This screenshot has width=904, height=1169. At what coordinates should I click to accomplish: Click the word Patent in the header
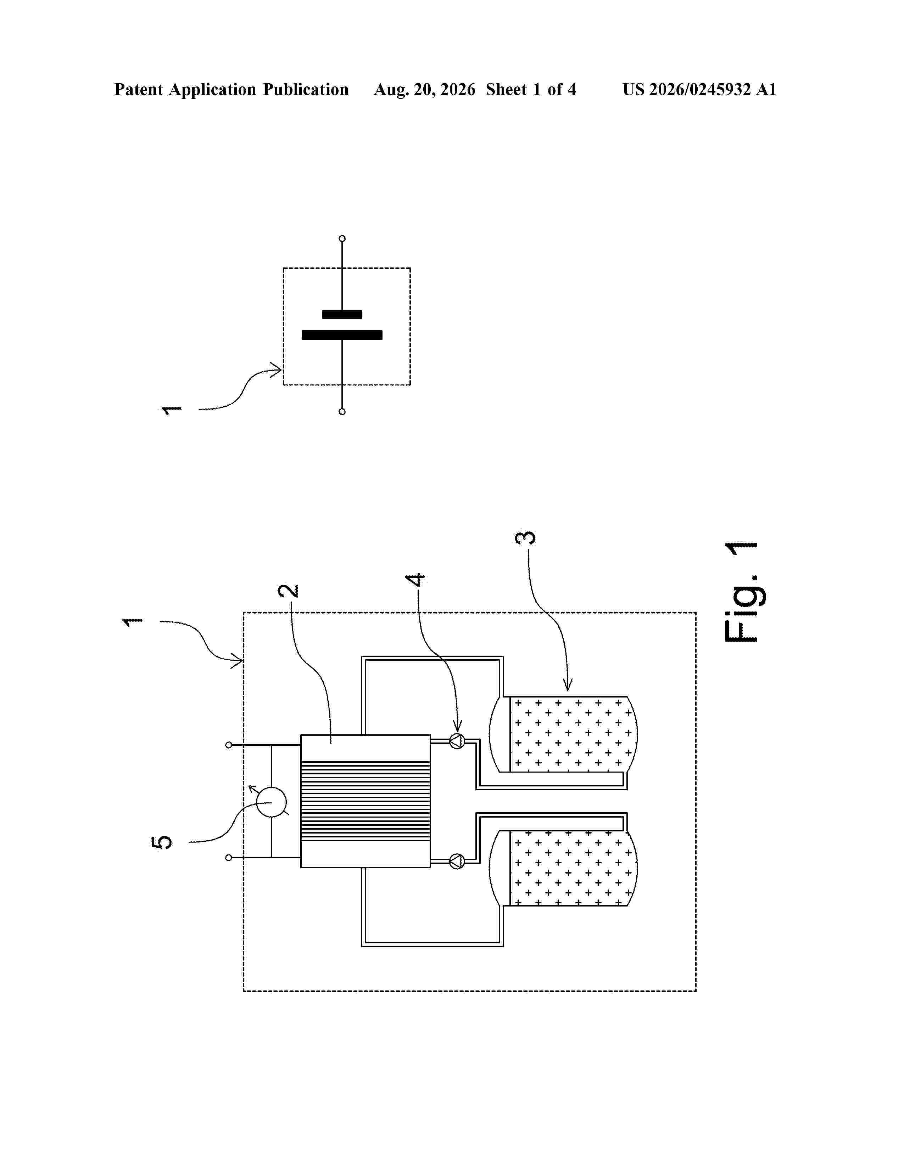click(x=139, y=89)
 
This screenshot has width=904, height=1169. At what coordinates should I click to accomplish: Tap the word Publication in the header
click(x=305, y=89)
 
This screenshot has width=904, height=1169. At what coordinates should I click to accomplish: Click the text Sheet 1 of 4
click(x=531, y=89)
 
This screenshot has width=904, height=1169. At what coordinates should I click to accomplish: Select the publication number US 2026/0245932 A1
click(x=699, y=89)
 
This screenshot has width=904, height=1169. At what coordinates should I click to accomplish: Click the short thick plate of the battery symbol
click(x=342, y=314)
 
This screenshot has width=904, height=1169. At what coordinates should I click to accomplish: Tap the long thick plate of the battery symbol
click(x=342, y=335)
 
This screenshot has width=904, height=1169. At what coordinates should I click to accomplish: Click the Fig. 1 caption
click(x=741, y=592)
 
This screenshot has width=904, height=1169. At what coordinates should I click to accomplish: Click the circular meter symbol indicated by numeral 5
click(x=271, y=802)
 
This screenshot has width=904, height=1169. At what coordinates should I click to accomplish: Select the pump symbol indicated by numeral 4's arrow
click(x=456, y=741)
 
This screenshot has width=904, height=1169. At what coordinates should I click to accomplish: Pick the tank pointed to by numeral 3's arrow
click(x=563, y=734)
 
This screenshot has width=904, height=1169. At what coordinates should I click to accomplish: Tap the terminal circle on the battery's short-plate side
click(x=342, y=238)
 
